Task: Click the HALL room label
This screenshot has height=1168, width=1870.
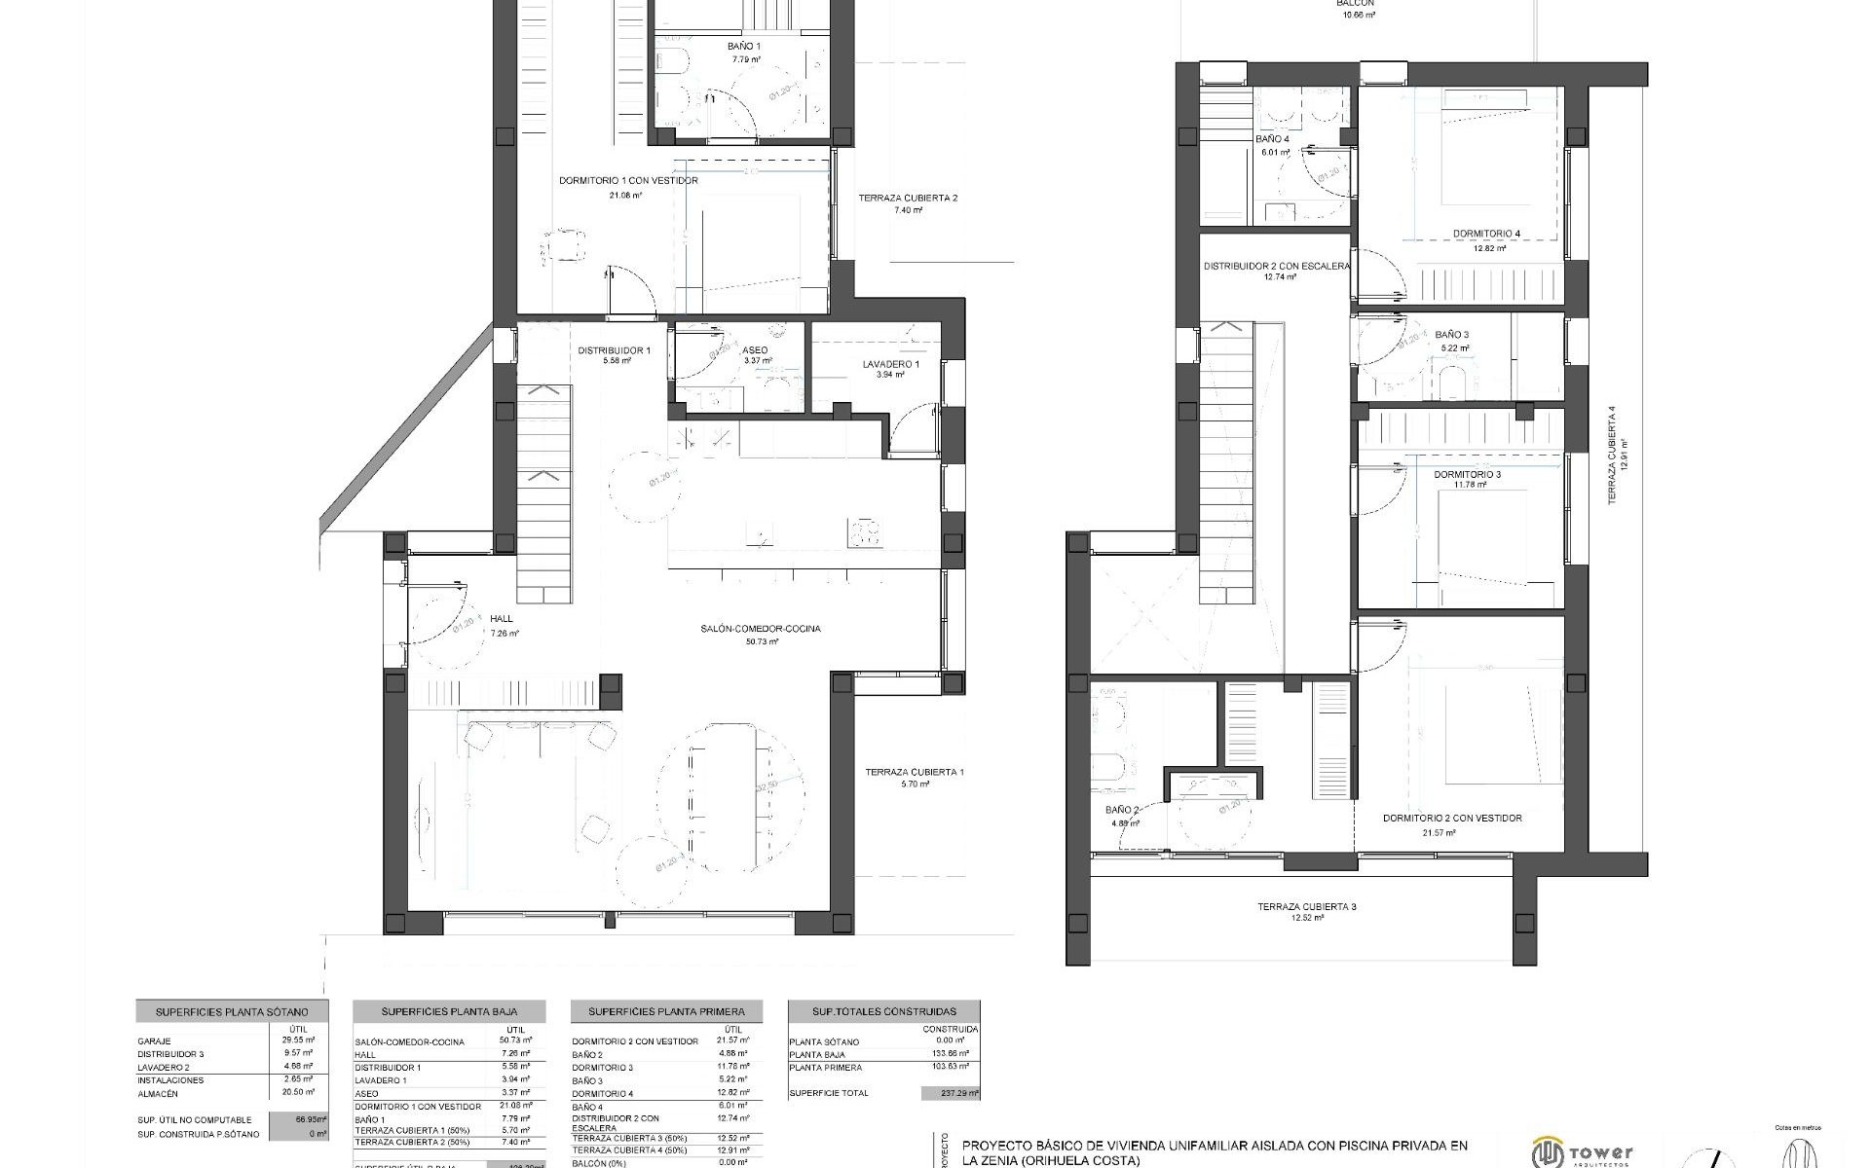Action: coord(502,619)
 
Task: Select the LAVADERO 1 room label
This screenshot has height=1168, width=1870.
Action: coord(890,365)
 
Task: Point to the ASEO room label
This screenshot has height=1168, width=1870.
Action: coord(755,350)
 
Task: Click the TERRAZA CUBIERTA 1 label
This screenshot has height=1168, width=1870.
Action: coord(915,773)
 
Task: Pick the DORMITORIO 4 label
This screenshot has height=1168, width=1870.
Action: coord(1486,234)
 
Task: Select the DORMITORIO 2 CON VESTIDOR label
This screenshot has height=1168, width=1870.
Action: coord(1451,819)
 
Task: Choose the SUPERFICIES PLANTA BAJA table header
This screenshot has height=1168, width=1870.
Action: coord(449,1012)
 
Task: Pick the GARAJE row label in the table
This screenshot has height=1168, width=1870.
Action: coord(154,1041)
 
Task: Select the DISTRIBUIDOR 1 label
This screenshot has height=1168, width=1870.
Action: coord(614,350)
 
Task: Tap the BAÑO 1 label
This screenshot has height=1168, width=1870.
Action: coord(744,47)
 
